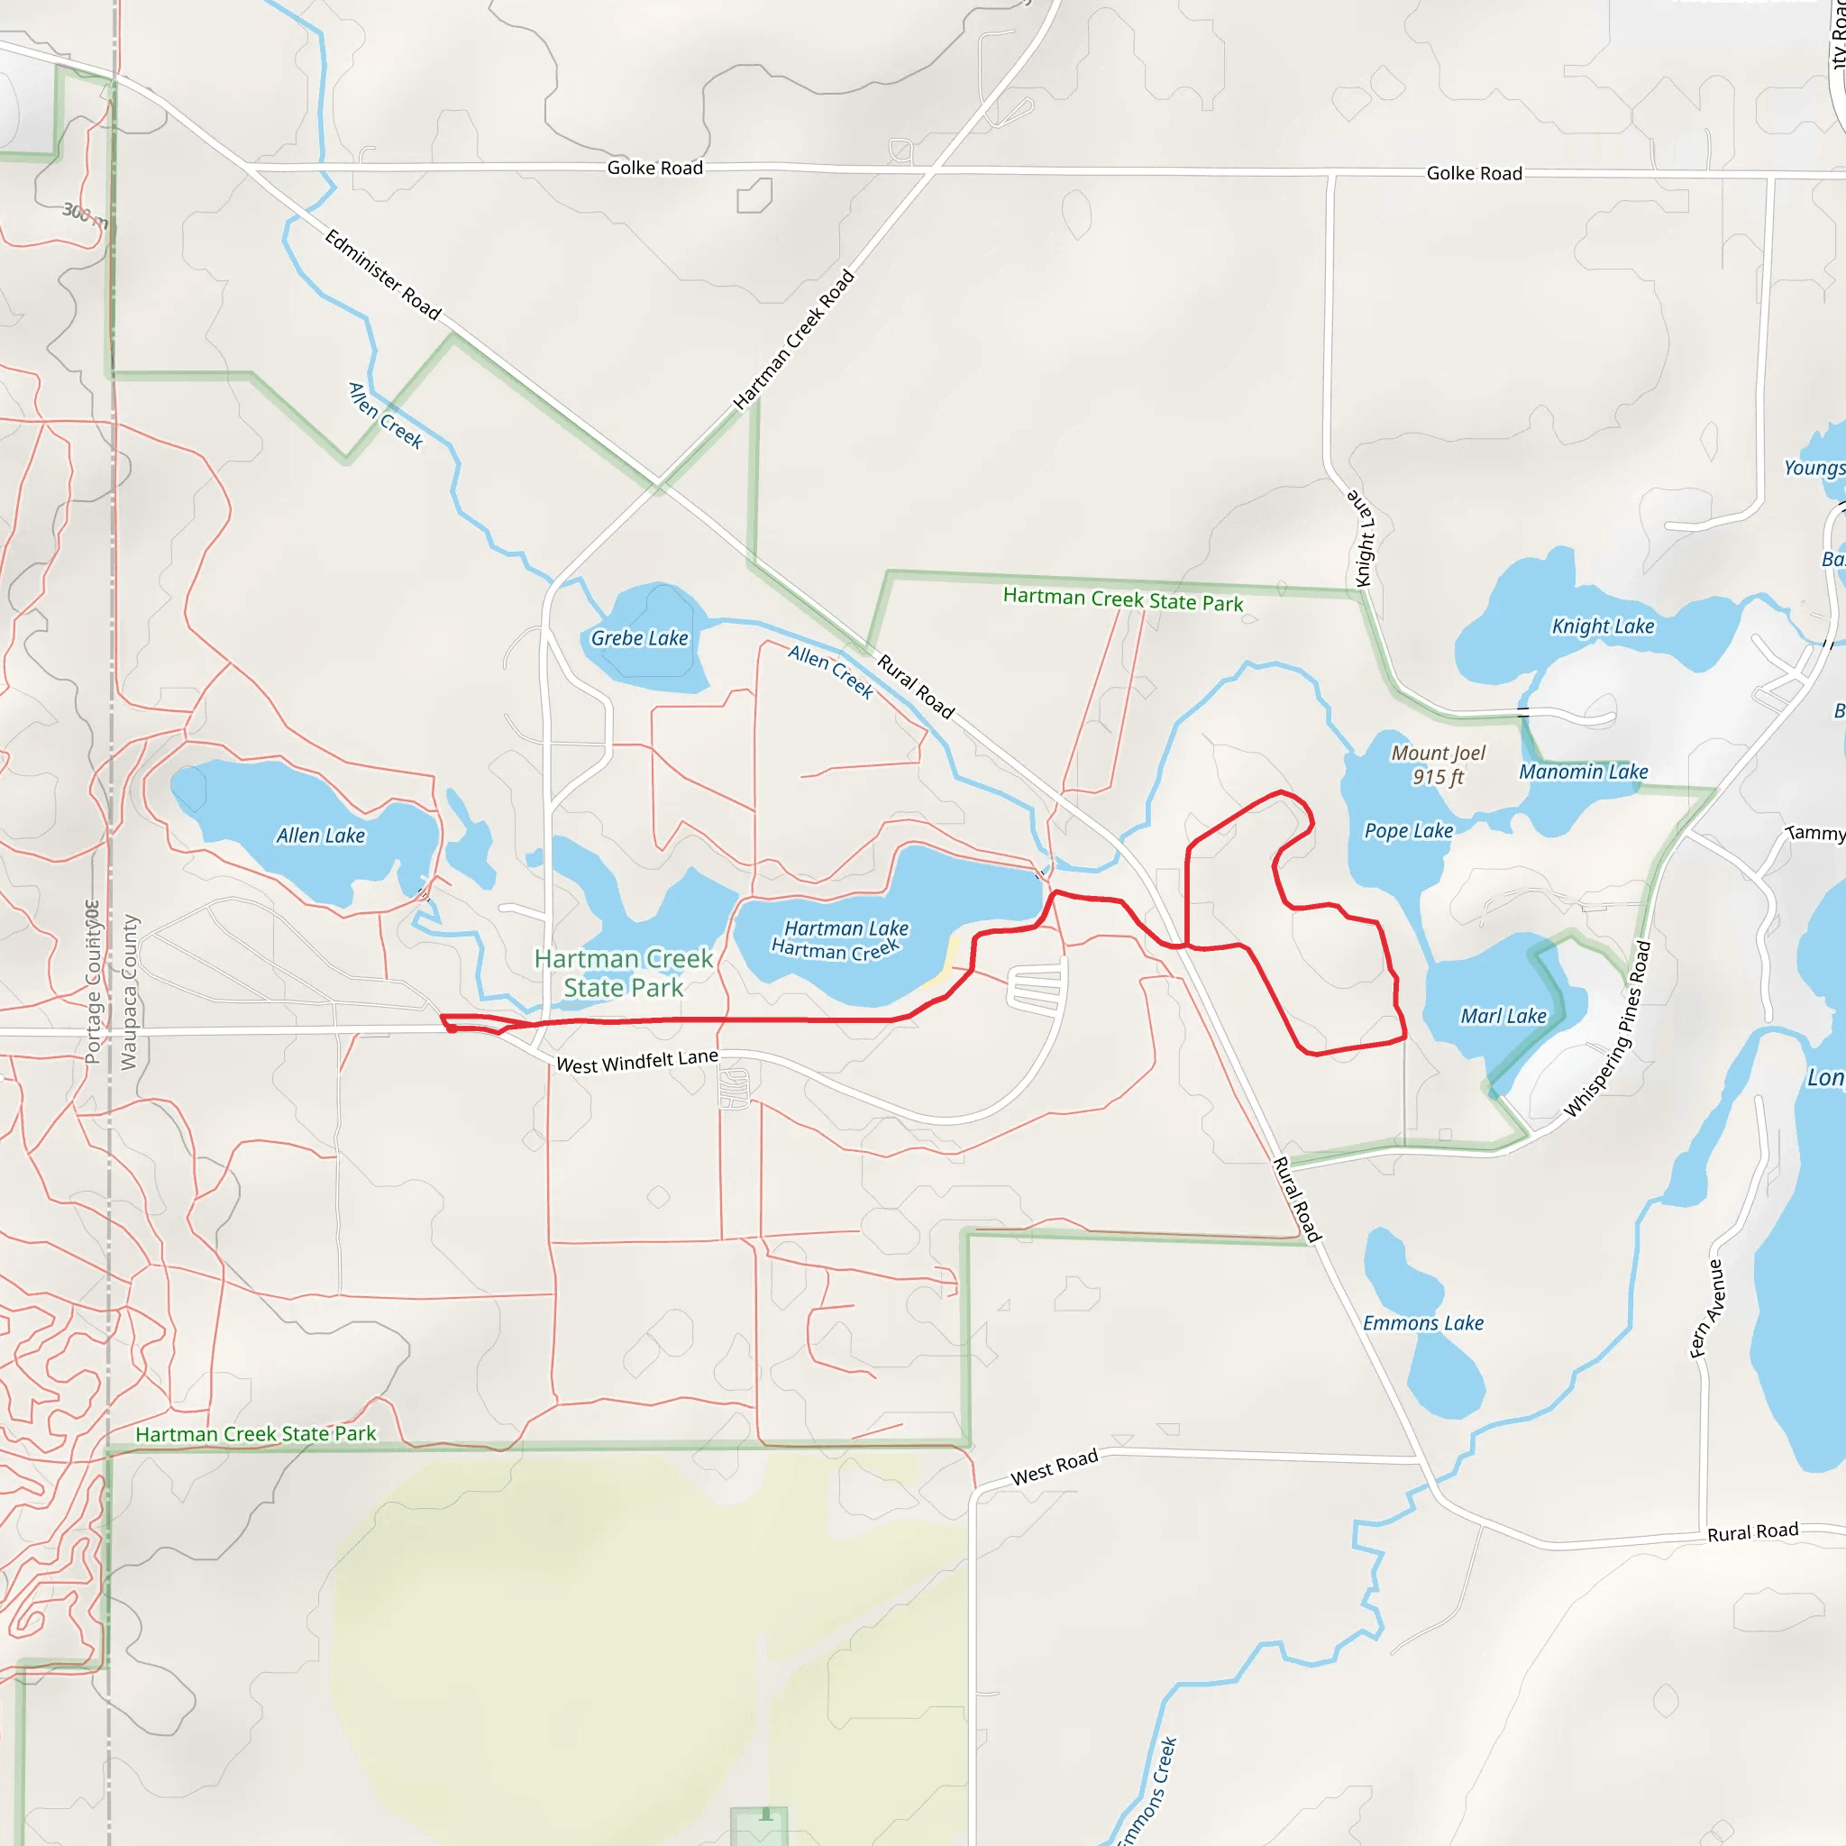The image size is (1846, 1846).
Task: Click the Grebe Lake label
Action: click(639, 638)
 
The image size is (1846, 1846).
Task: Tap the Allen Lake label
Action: click(320, 836)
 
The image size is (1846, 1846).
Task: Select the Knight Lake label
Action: click(1603, 626)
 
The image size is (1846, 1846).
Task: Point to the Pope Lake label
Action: click(1409, 831)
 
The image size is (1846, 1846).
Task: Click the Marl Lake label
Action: click(1503, 1017)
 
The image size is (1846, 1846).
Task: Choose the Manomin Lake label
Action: click(1583, 772)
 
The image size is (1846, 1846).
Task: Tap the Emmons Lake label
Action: click(1422, 1323)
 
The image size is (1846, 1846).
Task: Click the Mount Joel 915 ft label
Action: click(1438, 765)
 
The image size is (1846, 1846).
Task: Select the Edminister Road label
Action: click(382, 275)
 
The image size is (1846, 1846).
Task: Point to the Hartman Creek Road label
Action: click(793, 340)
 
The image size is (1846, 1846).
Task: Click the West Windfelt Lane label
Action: click(636, 1062)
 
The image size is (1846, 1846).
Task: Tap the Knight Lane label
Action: click(1363, 539)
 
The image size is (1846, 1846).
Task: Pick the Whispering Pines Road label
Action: click(1608, 1029)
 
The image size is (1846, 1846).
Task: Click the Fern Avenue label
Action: click(1706, 1308)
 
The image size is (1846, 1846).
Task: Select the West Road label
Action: click(1054, 1467)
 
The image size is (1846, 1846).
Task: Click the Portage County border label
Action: click(93, 982)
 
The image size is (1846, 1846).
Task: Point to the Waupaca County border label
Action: click(130, 992)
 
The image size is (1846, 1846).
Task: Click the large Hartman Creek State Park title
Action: click(623, 973)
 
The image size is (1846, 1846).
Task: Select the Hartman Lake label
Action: click(846, 928)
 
